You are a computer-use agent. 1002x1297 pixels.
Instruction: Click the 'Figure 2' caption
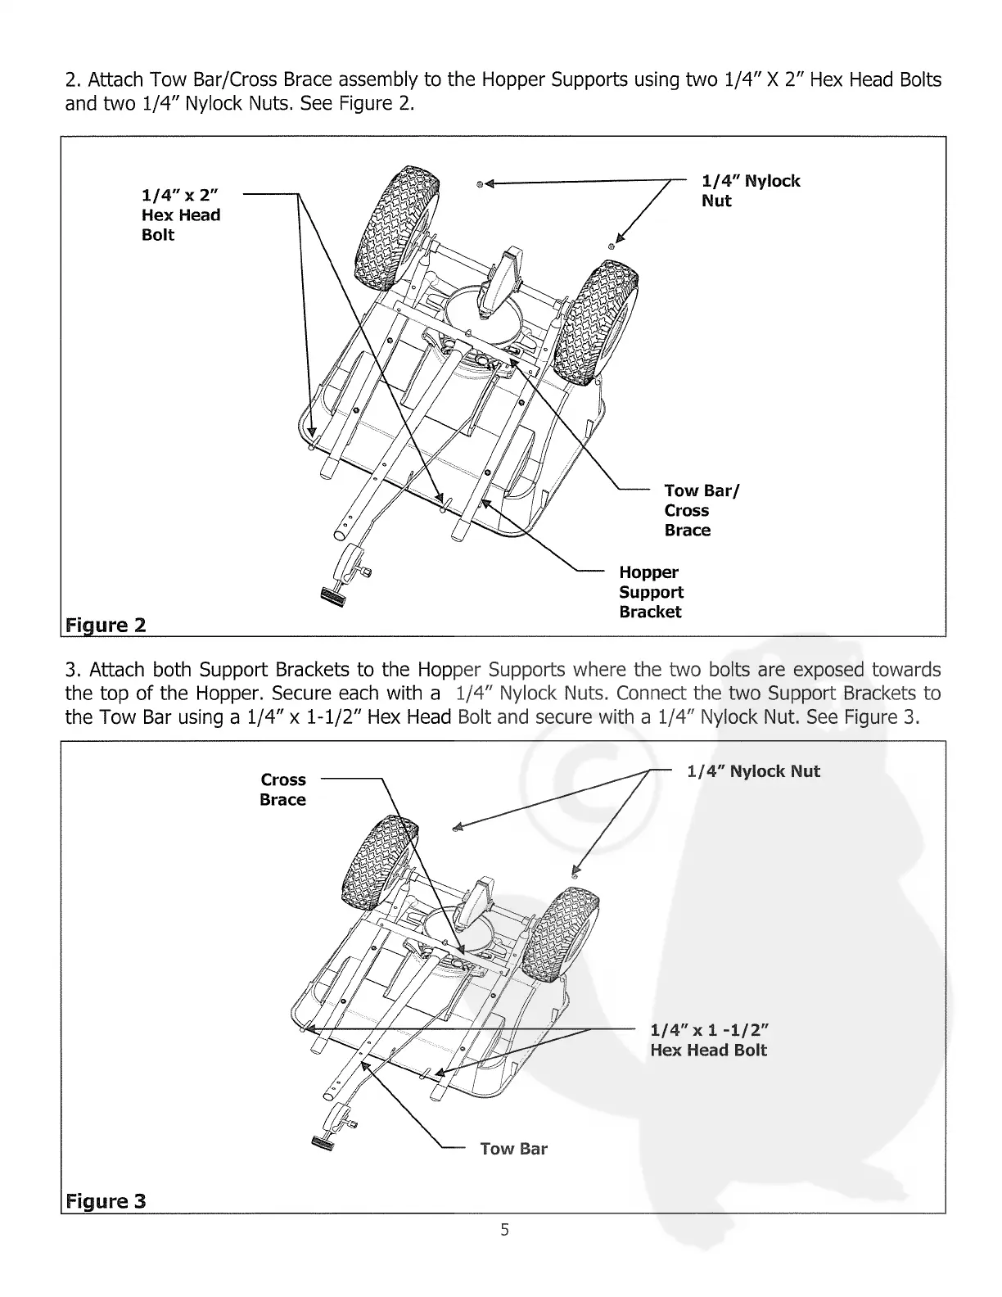106,626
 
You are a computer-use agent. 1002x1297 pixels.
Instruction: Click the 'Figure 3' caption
106,1201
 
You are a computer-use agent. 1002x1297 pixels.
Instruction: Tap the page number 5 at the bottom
505,1229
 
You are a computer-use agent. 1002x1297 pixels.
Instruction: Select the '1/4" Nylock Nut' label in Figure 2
750,191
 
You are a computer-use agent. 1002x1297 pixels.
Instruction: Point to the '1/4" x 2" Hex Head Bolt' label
181,215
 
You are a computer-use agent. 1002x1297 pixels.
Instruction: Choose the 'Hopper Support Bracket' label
651,592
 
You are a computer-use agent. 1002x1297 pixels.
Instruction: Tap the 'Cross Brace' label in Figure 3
282,789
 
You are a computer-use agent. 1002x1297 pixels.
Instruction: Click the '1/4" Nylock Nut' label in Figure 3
753,771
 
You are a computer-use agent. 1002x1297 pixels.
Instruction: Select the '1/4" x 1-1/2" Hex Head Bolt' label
710,1040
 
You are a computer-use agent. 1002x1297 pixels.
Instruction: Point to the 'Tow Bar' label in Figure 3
513,1149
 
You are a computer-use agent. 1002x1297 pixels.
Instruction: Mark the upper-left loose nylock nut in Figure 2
481,183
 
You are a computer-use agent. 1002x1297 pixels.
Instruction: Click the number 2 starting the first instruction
70,80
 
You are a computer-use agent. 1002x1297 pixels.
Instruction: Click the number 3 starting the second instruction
70,669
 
